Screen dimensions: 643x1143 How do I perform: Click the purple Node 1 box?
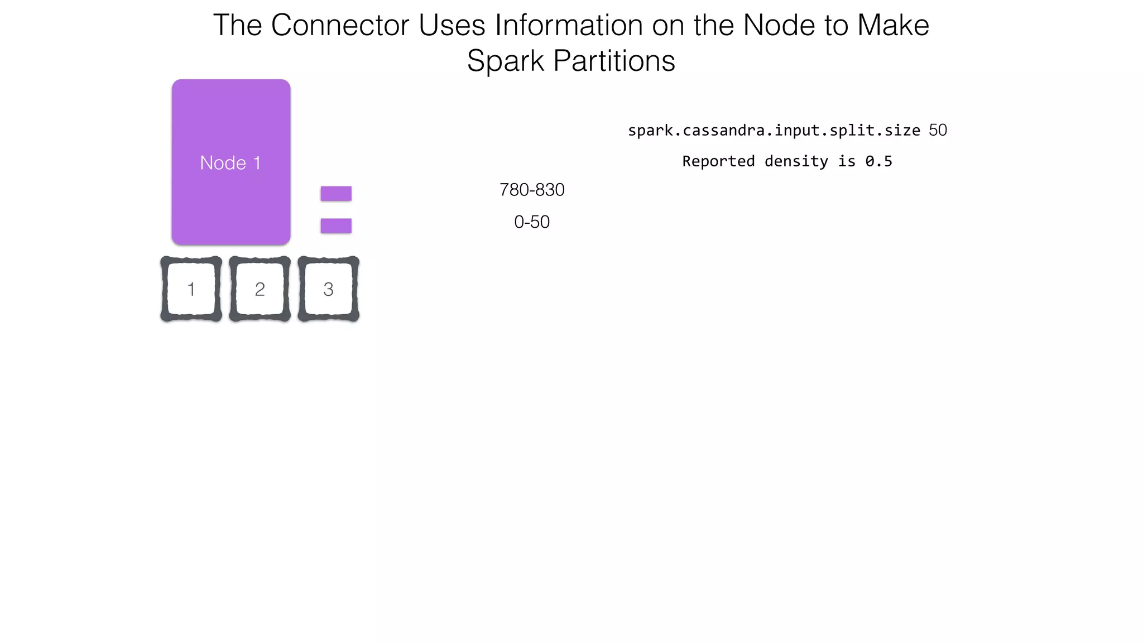click(231, 162)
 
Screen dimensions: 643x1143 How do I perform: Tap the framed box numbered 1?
click(191, 289)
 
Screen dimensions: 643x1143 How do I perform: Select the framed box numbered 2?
click(260, 289)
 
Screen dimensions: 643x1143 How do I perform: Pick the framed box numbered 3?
click(328, 289)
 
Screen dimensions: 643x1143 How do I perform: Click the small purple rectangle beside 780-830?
click(336, 194)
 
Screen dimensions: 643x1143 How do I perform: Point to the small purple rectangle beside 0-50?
click(336, 225)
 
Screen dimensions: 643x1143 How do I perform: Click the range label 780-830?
click(532, 190)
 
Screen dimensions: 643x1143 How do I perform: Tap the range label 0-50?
click(532, 222)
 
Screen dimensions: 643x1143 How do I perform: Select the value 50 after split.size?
click(938, 130)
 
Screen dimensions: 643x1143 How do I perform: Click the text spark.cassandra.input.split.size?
click(774, 131)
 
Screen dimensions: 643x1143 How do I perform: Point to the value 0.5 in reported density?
click(878, 161)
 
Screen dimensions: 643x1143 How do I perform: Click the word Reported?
click(718, 161)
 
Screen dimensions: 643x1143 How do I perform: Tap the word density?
click(796, 162)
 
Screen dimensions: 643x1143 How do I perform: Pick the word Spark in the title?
click(505, 61)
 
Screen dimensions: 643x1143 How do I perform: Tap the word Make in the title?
click(893, 26)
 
